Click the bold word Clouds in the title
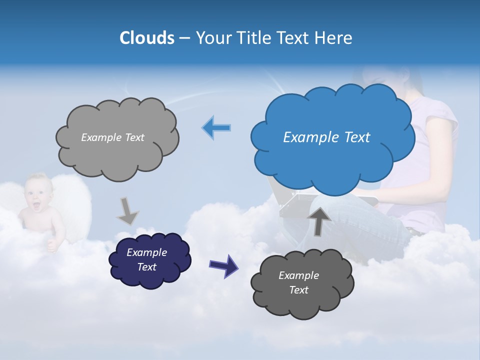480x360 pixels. [147, 38]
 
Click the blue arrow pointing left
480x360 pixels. [216, 128]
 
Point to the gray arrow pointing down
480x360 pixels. [127, 211]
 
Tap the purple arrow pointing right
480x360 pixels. [223, 265]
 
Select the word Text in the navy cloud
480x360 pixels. [147, 267]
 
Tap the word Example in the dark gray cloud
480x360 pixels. [298, 275]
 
